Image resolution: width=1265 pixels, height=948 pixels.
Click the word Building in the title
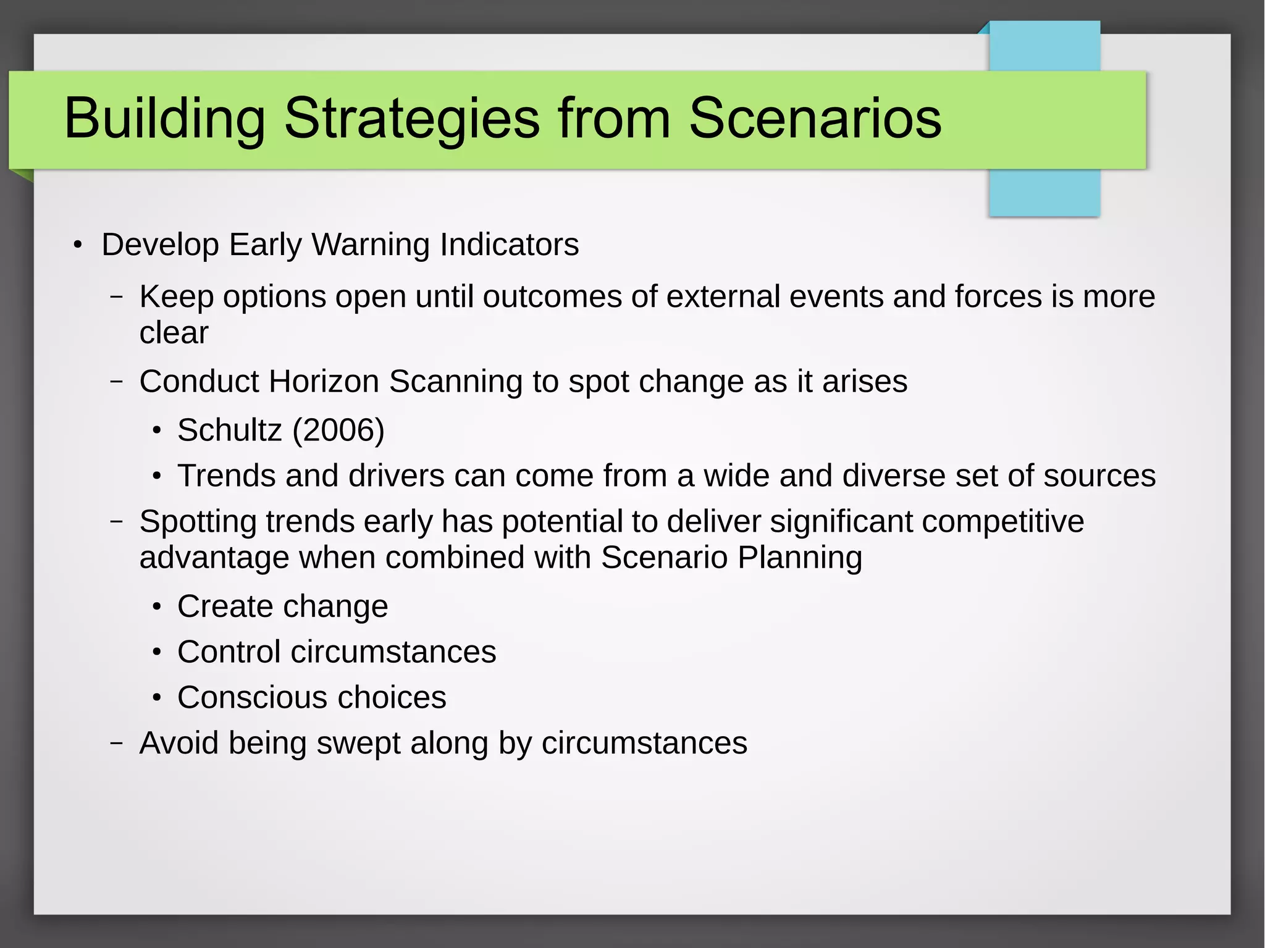point(164,119)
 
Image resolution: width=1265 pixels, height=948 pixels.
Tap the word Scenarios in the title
point(815,119)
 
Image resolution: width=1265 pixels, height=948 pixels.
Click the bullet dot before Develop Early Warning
point(77,246)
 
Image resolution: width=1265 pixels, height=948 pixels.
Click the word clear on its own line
point(174,333)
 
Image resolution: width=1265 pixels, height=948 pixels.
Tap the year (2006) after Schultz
point(338,430)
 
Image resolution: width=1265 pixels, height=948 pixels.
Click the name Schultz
point(229,430)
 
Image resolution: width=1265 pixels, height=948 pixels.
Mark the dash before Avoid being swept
point(116,743)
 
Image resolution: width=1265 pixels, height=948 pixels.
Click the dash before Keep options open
point(116,297)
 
